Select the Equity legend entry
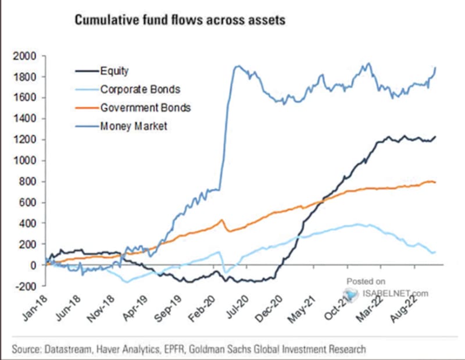[x=115, y=72]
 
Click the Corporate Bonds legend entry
[x=140, y=90]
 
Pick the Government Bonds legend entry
[x=145, y=108]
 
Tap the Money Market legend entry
[x=133, y=126]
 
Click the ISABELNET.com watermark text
[x=395, y=293]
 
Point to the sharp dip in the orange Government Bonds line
[x=228, y=231]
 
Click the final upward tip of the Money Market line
[x=436, y=68]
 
